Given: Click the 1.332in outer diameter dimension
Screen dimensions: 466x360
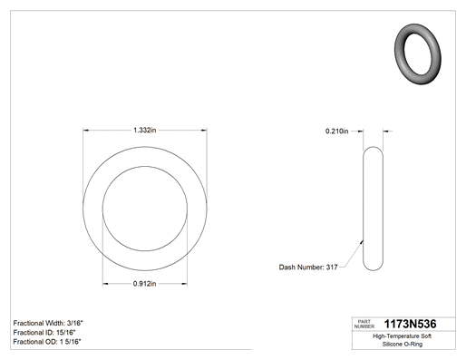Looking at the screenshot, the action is pos(145,131).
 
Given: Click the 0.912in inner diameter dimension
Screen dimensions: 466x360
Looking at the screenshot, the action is pos(144,284).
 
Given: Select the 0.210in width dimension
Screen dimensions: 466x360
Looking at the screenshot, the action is pos(336,131).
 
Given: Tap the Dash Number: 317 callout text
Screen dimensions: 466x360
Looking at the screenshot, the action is pos(308,268).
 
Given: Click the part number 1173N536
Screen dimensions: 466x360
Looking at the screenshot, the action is pos(410,324).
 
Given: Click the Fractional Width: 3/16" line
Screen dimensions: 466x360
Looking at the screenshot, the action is pos(48,323).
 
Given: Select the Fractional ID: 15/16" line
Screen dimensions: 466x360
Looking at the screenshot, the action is pos(44,333).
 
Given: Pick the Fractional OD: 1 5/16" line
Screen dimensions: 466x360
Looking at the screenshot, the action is pos(47,342).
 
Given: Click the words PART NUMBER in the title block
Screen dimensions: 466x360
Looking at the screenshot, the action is pos(364,324).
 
